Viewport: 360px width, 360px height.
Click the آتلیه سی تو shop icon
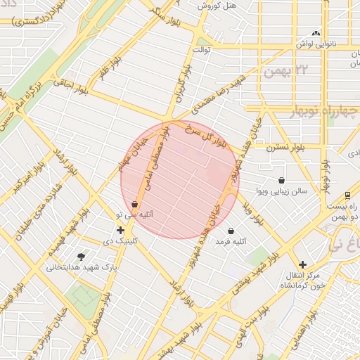point(134,204)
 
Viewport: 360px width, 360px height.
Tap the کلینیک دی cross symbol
point(120,230)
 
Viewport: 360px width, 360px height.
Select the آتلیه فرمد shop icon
point(231,231)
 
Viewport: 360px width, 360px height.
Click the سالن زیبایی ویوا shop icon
point(282,180)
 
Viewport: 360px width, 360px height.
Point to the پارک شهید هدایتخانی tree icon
point(81,257)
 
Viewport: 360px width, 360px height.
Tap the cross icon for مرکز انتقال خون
point(302,264)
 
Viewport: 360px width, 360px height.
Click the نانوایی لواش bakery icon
point(316,32)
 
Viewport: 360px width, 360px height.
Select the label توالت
point(201,51)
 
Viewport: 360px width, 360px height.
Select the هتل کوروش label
point(219,6)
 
